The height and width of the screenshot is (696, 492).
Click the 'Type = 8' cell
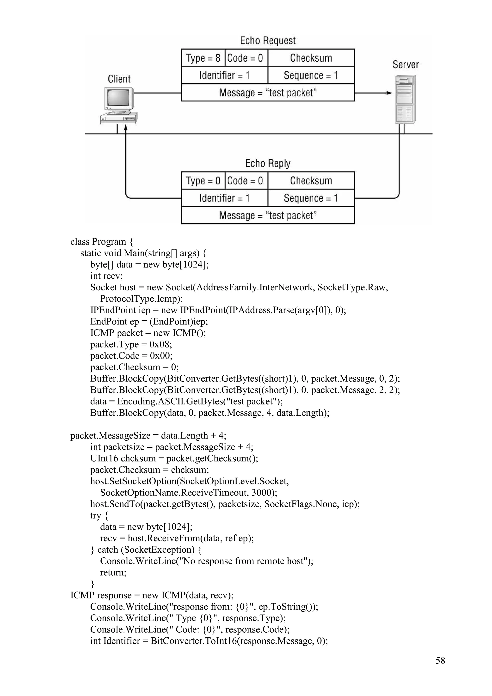click(203, 58)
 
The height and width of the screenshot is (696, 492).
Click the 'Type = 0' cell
click(203, 181)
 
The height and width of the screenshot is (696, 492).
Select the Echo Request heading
click(268, 41)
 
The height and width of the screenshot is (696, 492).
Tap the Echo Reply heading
click(268, 163)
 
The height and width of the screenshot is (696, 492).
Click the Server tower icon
click(405, 99)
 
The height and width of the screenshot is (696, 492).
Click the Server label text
click(405, 65)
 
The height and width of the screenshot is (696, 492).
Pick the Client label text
click(119, 79)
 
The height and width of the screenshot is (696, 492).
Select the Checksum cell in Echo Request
click(311, 58)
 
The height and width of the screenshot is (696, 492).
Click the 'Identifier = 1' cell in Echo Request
click(224, 75)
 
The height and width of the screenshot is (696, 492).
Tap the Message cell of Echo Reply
click(268, 215)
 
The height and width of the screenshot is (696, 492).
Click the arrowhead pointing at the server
click(389, 93)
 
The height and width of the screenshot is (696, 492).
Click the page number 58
click(440, 660)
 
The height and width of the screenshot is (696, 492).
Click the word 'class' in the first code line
click(80, 242)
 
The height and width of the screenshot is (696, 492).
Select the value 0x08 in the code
click(160, 344)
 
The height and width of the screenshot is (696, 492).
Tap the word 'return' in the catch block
click(112, 573)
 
